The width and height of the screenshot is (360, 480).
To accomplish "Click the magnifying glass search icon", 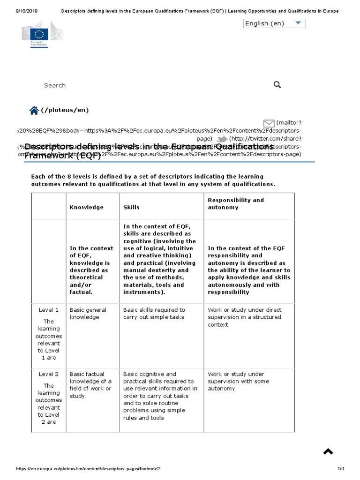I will pos(277,84).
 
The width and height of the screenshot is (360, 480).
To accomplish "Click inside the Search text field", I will pos(141,85).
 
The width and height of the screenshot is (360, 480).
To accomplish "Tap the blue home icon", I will pos(34,111).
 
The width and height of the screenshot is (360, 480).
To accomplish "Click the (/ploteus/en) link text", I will pos(65,110).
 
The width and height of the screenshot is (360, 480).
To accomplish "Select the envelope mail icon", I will pos(269,123).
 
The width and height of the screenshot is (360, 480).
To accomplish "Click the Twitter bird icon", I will pos(222,139).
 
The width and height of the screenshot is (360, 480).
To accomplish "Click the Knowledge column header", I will pos(87,207).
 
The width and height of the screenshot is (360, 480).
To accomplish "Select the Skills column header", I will pos(131,207).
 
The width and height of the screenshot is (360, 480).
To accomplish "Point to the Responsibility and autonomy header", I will pos(236,203).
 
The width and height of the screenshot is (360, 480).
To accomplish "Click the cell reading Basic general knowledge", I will pos(88,314).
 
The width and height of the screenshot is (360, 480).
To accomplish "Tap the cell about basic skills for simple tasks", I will pos(154,314).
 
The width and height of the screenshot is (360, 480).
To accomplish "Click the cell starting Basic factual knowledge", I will pos(90,385).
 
